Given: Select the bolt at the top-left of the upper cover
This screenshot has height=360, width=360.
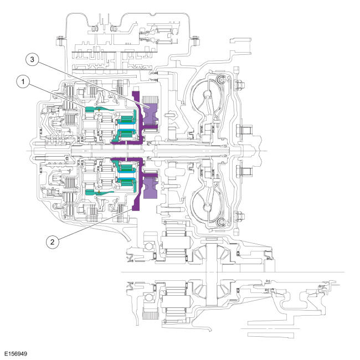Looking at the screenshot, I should [x=57, y=39].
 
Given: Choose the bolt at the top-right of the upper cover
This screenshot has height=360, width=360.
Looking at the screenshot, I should [x=194, y=39].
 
